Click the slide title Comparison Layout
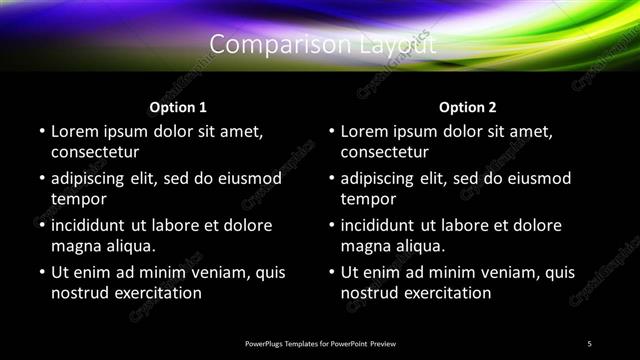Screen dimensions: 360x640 [x=322, y=45]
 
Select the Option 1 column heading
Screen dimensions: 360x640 [x=178, y=107]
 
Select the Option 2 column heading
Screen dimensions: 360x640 [x=467, y=107]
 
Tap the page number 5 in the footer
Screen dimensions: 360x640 [x=589, y=343]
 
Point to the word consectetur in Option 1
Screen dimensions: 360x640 [x=95, y=152]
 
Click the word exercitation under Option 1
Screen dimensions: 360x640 [x=154, y=293]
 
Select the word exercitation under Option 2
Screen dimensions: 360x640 [x=444, y=293]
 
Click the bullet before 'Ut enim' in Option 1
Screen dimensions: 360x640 [x=41, y=272]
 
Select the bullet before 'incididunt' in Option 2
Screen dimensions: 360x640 [x=331, y=225]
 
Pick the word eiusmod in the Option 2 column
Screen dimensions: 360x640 [x=537, y=178]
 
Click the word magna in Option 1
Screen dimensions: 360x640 [x=76, y=246]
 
